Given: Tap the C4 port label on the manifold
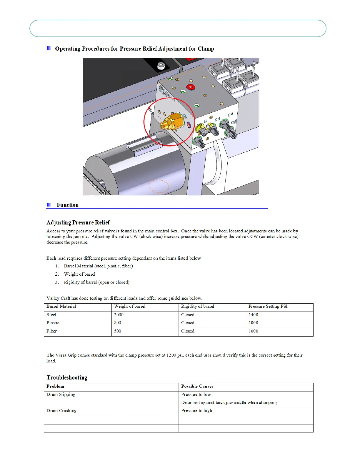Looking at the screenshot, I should click(230, 114).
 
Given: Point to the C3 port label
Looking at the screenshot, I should click(217, 119).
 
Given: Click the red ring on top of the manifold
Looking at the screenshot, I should click(191, 87).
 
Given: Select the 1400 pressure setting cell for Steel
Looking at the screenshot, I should click(253, 315).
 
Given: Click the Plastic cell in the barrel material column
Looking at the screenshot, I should click(53, 323).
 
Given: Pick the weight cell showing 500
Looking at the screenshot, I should click(118, 331).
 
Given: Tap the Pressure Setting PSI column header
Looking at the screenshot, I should click(268, 307).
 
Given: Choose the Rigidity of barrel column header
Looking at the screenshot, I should click(197, 307).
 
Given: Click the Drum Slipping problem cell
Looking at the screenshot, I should click(61, 395).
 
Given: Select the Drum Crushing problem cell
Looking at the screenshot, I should click(61, 411).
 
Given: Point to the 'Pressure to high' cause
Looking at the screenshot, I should click(196, 411).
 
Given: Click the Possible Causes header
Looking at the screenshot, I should click(197, 387).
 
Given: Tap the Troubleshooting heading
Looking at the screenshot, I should click(67, 377).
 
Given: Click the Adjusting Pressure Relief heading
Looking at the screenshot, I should click(78, 222).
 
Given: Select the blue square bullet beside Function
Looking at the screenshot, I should click(49, 204).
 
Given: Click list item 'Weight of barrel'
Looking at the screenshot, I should click(80, 274).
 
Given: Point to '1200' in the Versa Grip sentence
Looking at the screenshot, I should click(171, 355).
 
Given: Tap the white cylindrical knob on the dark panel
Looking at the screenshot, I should click(161, 66).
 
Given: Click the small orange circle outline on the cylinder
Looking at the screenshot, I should click(159, 186).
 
